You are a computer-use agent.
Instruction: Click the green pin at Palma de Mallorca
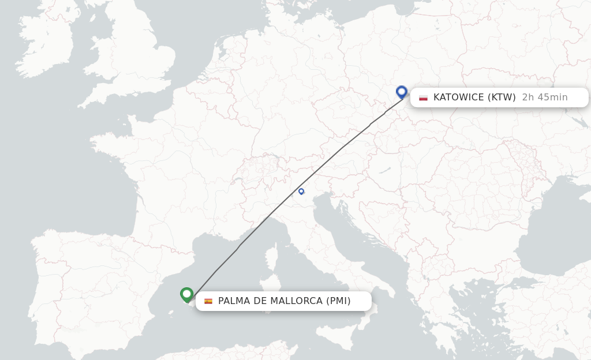pyautogui.click(x=186, y=294)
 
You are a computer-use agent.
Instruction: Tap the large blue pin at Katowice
pyautogui.click(x=402, y=92)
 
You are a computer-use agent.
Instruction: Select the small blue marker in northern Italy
pyautogui.click(x=301, y=191)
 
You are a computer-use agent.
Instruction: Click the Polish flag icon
pyautogui.click(x=423, y=97)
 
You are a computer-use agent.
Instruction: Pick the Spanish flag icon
pyautogui.click(x=208, y=301)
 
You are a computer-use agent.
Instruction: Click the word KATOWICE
pyautogui.click(x=458, y=97)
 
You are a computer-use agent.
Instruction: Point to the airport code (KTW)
pyautogui.click(x=502, y=97)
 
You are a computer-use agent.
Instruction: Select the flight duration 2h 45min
pyautogui.click(x=544, y=97)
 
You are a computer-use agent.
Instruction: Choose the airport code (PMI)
pyautogui.click(x=338, y=301)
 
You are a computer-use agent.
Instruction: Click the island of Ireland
pyautogui.click(x=46, y=46)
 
